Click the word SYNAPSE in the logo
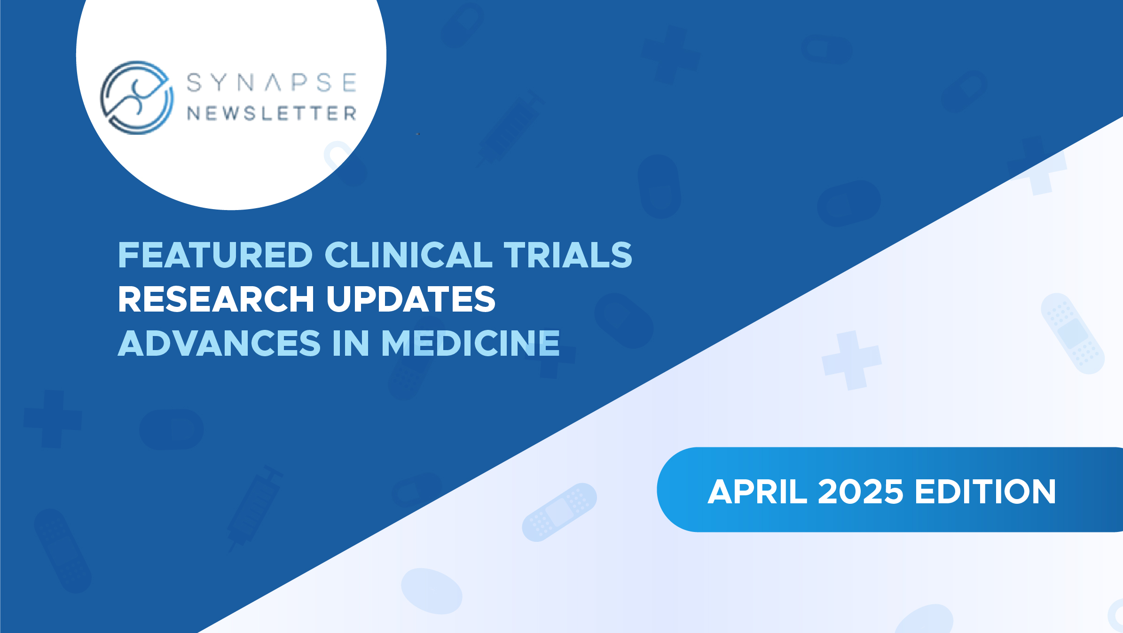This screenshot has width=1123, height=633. coord(272,83)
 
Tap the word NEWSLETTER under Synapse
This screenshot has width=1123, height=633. coord(272,113)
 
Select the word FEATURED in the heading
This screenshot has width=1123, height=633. coord(215,255)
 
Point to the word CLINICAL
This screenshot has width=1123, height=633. coord(409,255)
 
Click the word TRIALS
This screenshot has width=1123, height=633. coord(568,255)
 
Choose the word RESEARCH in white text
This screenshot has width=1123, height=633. coord(216,299)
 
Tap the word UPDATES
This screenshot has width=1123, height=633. coord(411,299)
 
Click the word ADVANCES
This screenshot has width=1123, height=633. coord(219,344)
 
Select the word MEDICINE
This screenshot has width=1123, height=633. coord(471,344)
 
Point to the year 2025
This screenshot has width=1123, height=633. coord(861,492)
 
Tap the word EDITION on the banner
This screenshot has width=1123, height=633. coord(985,492)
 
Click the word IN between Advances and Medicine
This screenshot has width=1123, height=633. coord(351,344)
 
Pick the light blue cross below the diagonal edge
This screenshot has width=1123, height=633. coord(851,360)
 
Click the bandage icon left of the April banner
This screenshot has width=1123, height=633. coord(559,512)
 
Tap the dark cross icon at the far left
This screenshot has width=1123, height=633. coord(53,419)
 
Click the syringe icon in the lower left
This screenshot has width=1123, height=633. coord(254,508)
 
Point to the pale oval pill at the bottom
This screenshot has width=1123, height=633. coord(432,591)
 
